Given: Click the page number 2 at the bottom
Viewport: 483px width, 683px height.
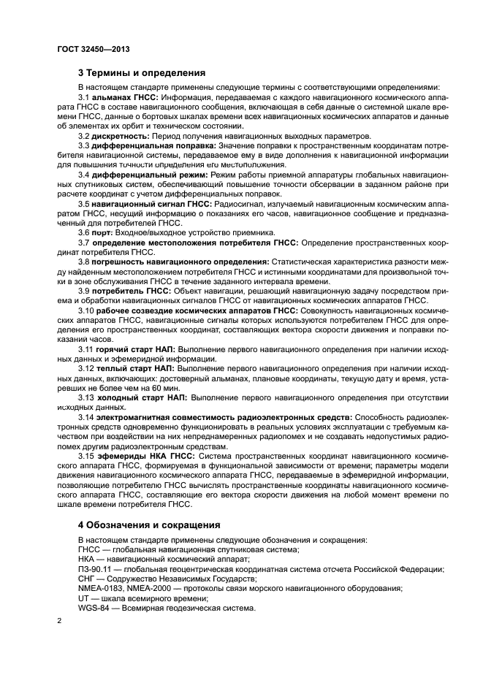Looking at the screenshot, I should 59,622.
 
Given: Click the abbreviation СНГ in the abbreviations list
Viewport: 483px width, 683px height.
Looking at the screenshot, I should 86,579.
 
